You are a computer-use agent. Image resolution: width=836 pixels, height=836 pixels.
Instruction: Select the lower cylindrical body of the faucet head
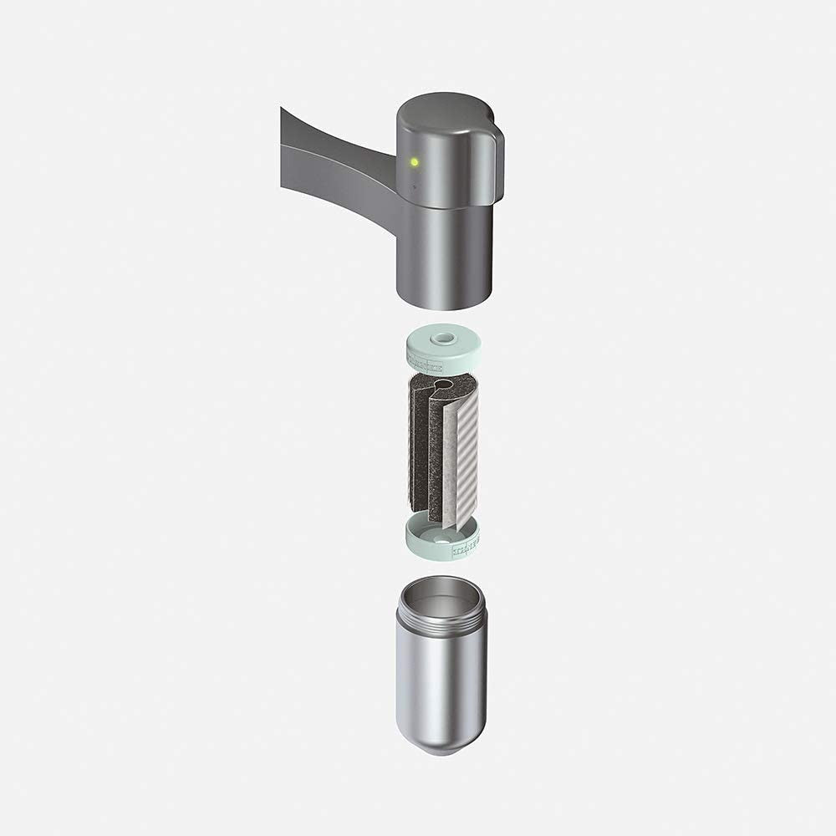tap(443, 251)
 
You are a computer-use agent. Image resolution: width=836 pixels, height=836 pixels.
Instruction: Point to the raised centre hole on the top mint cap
tap(442, 339)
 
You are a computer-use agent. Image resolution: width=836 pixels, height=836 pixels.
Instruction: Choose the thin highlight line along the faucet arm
tap(334, 147)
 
